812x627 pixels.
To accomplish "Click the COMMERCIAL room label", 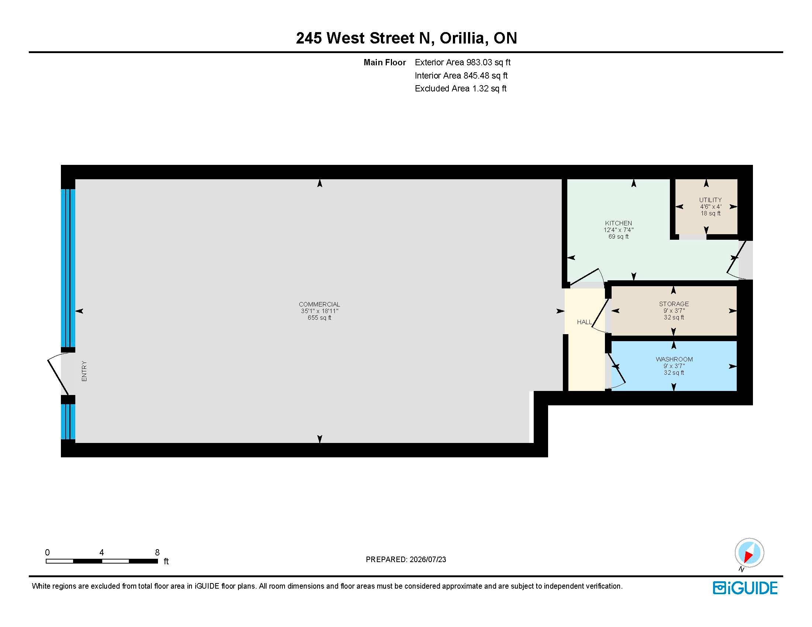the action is pyautogui.click(x=319, y=305).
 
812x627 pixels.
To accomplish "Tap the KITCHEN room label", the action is pyautogui.click(x=618, y=223).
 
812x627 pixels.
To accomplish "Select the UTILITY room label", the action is pyautogui.click(x=710, y=200).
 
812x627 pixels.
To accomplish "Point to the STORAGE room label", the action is pyautogui.click(x=674, y=304).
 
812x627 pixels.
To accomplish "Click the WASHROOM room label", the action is pyautogui.click(x=674, y=359).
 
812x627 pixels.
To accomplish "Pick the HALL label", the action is pyautogui.click(x=584, y=322).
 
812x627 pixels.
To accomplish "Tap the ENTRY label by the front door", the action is pyautogui.click(x=84, y=371).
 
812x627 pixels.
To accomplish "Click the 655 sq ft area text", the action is pyautogui.click(x=319, y=318).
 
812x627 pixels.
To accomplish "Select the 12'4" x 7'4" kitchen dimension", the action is pyautogui.click(x=618, y=230).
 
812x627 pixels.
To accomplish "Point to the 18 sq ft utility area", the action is pyautogui.click(x=710, y=213).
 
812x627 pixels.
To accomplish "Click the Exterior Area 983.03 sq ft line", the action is pyautogui.click(x=462, y=62).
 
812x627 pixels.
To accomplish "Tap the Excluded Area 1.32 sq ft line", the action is pyautogui.click(x=461, y=89).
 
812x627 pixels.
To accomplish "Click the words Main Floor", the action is pyautogui.click(x=385, y=62).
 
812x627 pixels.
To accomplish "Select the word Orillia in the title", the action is pyautogui.click(x=464, y=38).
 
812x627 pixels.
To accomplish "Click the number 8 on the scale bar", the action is pyautogui.click(x=157, y=552).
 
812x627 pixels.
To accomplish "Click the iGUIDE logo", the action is pyautogui.click(x=745, y=588).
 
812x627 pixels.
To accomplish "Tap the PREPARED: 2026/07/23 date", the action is pyautogui.click(x=406, y=560).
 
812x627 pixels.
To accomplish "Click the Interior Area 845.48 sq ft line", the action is pyautogui.click(x=461, y=76).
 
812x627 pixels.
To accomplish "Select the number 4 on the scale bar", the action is pyautogui.click(x=101, y=552).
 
